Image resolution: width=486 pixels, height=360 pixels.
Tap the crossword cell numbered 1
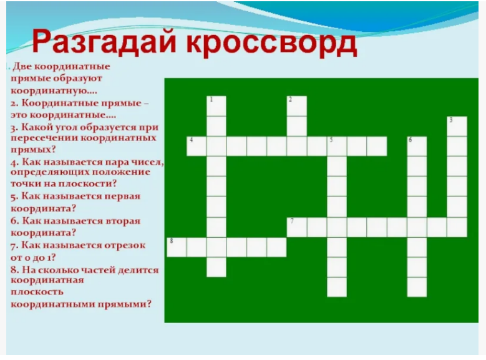click(x=216, y=106)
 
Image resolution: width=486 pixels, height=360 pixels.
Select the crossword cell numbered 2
click(x=296, y=106)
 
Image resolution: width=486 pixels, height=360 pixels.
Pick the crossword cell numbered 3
click(x=457, y=126)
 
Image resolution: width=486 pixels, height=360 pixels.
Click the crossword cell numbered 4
click(x=197, y=146)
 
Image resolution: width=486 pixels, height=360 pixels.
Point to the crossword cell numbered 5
click(x=337, y=146)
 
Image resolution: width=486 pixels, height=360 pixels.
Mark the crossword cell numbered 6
click(x=417, y=146)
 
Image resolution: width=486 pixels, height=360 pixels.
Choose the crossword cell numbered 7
click(x=296, y=227)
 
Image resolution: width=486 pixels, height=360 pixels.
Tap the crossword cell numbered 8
click(x=177, y=247)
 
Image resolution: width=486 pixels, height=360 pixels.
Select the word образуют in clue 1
click(x=77, y=79)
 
